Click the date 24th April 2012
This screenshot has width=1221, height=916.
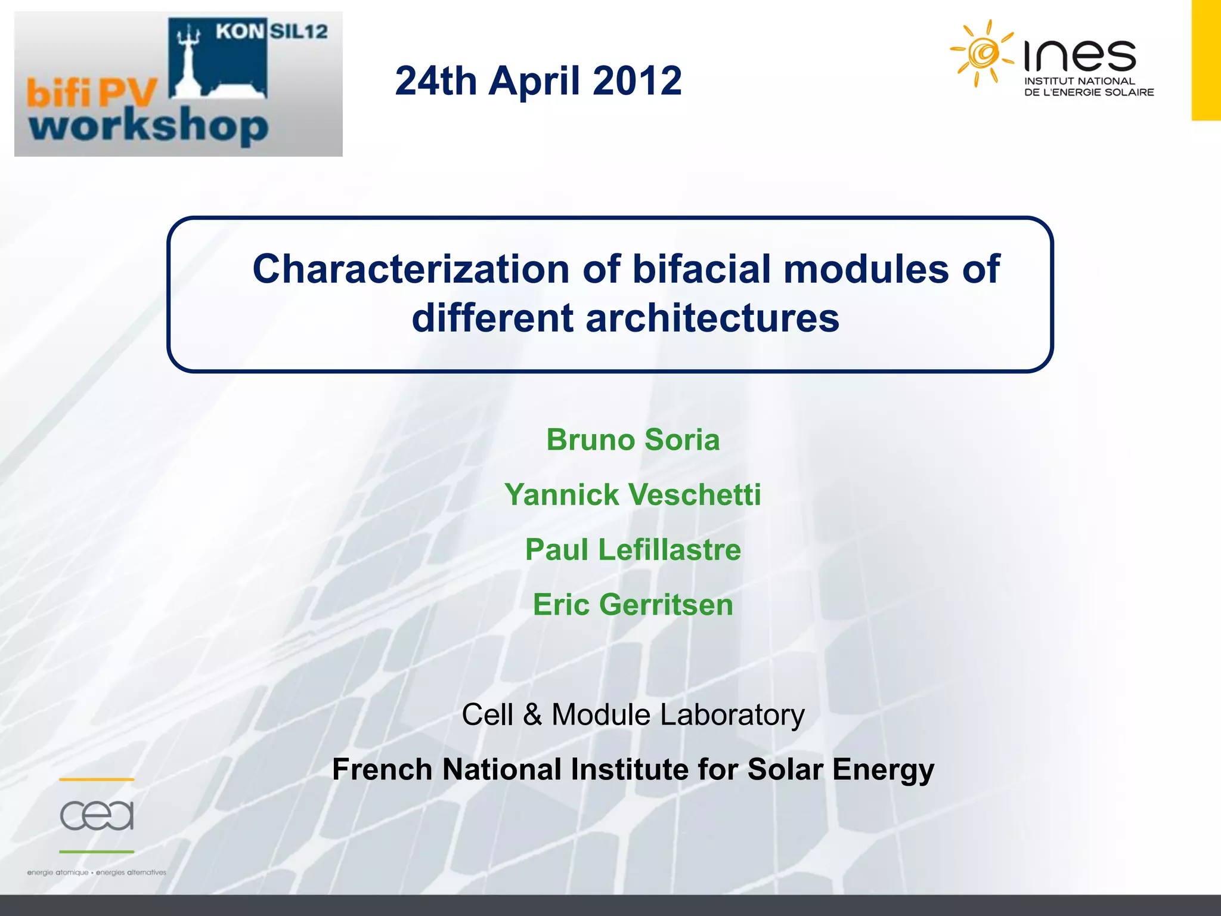tap(538, 81)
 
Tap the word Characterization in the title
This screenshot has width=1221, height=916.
tap(411, 269)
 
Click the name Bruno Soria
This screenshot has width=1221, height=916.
tap(633, 440)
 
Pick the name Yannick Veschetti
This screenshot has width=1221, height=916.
tap(633, 495)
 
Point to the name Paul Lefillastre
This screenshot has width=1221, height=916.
tap(633, 550)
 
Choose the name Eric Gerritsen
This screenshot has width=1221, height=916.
tap(633, 605)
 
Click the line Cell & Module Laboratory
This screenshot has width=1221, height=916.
tap(633, 714)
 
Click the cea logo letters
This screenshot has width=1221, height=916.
tap(97, 815)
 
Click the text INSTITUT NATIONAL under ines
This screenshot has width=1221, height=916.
tap(1079, 81)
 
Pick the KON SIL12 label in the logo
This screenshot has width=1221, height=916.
tap(271, 31)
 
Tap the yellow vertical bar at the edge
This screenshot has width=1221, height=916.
tap(1205, 60)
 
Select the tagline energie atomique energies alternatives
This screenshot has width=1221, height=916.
tap(97, 872)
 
